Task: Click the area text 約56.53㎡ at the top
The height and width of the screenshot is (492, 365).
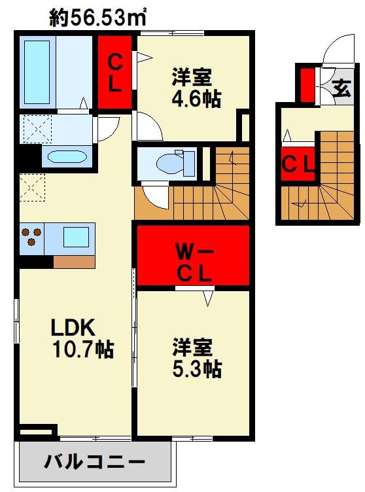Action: pyautogui.click(x=98, y=18)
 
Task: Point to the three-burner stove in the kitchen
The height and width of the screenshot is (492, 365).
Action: pyautogui.click(x=31, y=237)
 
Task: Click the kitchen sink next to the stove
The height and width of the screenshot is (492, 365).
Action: pyautogui.click(x=77, y=236)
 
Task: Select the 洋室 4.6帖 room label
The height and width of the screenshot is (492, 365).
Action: pyautogui.click(x=196, y=88)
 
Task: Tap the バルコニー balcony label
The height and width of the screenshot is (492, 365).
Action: pyautogui.click(x=94, y=463)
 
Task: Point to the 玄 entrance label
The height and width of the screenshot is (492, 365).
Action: pyautogui.click(x=341, y=86)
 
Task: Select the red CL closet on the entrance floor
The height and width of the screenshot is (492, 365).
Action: pyautogui.click(x=298, y=164)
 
